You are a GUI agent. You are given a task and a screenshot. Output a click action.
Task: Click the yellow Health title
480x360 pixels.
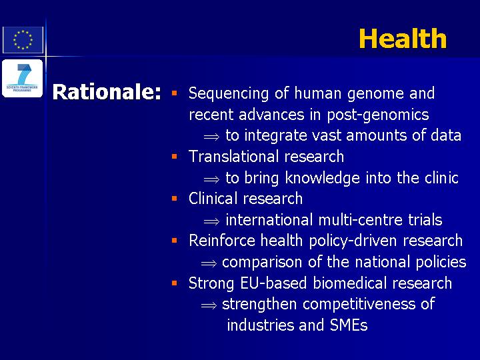click(403, 39)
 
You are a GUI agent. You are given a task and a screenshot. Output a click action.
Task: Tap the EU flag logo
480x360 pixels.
click(23, 40)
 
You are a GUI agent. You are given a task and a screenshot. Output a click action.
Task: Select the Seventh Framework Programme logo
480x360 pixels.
click(22, 79)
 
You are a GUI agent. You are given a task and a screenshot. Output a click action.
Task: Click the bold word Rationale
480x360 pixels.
click(106, 92)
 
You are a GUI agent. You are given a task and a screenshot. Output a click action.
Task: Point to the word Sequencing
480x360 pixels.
click(229, 94)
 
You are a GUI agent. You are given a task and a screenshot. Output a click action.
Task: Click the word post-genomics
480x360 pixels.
click(378, 115)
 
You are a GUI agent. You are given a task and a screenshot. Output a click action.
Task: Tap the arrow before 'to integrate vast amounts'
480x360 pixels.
click(211, 136)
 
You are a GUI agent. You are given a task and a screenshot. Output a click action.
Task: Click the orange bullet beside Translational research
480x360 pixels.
click(175, 157)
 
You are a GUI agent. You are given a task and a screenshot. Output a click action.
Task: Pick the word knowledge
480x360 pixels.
click(323, 178)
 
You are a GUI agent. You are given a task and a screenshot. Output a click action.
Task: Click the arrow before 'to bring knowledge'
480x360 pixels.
click(211, 179)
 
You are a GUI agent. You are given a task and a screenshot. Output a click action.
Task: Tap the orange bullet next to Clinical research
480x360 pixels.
click(175, 199)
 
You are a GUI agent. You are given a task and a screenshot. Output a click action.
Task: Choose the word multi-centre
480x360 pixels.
click(360, 220)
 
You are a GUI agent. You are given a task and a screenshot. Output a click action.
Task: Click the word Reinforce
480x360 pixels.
click(221, 240)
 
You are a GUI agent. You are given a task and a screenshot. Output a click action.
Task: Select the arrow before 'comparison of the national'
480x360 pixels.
click(209, 263)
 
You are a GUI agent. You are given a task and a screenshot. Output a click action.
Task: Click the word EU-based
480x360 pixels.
click(273, 283)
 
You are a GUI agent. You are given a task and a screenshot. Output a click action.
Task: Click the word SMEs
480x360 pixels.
click(349, 325)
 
